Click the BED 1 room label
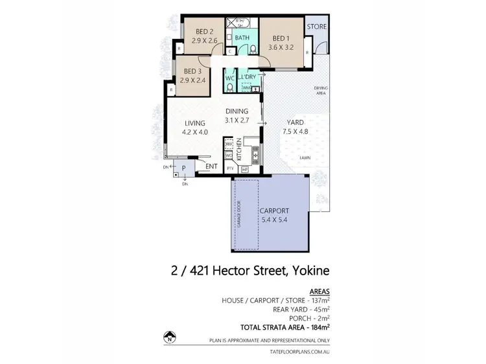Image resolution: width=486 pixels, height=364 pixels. (x=283, y=38)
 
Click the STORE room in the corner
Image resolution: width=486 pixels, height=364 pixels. (x=316, y=27)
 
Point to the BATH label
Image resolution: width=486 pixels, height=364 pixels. (x=242, y=38)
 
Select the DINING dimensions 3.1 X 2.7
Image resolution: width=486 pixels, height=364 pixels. (x=236, y=120)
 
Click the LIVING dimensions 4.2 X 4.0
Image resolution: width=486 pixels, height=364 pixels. (x=194, y=133)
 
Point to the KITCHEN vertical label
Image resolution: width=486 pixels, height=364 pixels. (x=239, y=150)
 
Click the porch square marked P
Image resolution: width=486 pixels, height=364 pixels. (x=184, y=167)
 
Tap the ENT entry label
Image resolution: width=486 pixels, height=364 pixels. (x=210, y=166)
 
